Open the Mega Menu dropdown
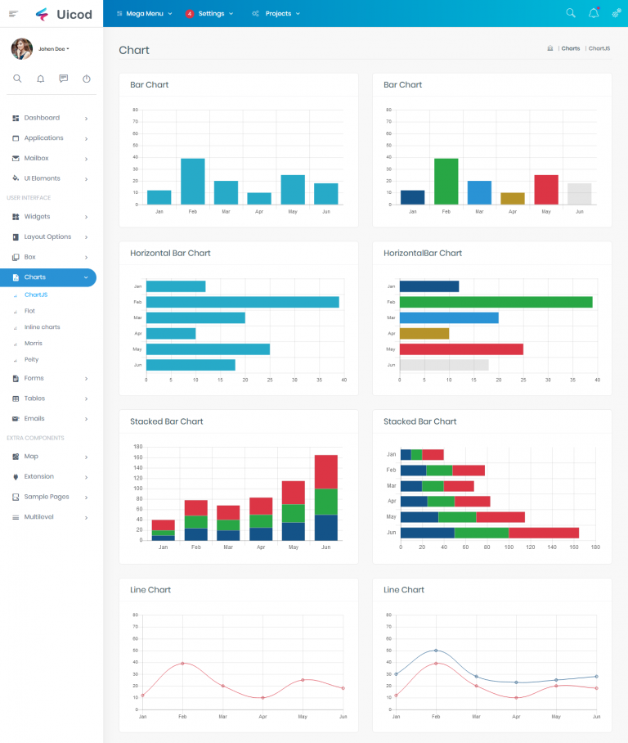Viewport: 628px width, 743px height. click(144, 14)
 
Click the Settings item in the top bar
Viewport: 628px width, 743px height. click(210, 14)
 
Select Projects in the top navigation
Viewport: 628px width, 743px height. click(277, 14)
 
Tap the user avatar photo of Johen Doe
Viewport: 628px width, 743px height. click(22, 49)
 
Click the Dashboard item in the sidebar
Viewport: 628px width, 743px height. click(42, 118)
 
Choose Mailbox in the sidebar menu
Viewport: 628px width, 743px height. click(36, 158)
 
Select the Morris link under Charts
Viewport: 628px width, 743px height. click(34, 343)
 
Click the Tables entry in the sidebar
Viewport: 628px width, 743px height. click(34, 399)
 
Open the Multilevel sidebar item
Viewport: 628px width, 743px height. click(39, 517)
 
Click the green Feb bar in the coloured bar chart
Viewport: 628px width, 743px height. click(446, 182)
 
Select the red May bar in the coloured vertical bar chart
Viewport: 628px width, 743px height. click(546, 190)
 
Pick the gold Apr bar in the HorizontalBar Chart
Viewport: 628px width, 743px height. click(424, 333)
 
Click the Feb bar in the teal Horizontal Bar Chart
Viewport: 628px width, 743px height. click(242, 302)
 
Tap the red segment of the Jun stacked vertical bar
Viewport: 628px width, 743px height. click(326, 472)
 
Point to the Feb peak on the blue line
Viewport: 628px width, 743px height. click(436, 651)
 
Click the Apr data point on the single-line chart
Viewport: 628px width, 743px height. click(262, 698)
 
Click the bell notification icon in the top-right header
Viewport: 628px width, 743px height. click(594, 13)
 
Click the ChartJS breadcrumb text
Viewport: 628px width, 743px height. click(599, 48)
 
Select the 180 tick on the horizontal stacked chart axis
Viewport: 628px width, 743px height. click(594, 547)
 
